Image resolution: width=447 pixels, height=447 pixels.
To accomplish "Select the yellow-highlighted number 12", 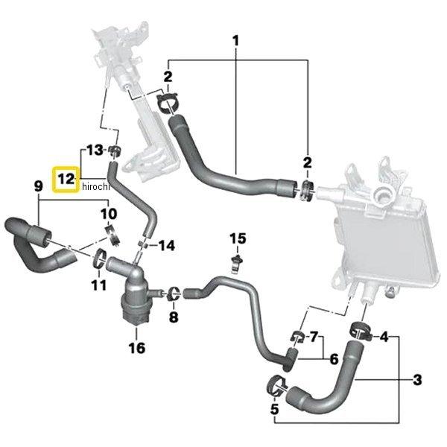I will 66,180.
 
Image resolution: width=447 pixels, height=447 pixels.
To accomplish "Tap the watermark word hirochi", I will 95,186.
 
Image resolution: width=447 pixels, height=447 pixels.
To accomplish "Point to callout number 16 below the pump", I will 136,347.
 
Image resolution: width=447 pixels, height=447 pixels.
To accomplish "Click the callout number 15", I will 237,238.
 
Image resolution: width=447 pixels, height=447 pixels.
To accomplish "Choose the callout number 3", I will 417,380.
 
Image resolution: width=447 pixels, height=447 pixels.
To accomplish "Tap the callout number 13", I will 93,150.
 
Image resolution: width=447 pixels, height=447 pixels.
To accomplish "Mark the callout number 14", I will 167,244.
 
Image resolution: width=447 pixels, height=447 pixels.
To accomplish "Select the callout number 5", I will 274,409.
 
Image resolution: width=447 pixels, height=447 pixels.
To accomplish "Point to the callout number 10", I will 109,214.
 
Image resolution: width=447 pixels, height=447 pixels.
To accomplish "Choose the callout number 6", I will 334,358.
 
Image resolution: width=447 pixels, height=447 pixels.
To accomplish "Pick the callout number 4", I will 384,337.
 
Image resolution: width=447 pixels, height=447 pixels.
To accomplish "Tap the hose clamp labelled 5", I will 274,386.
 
